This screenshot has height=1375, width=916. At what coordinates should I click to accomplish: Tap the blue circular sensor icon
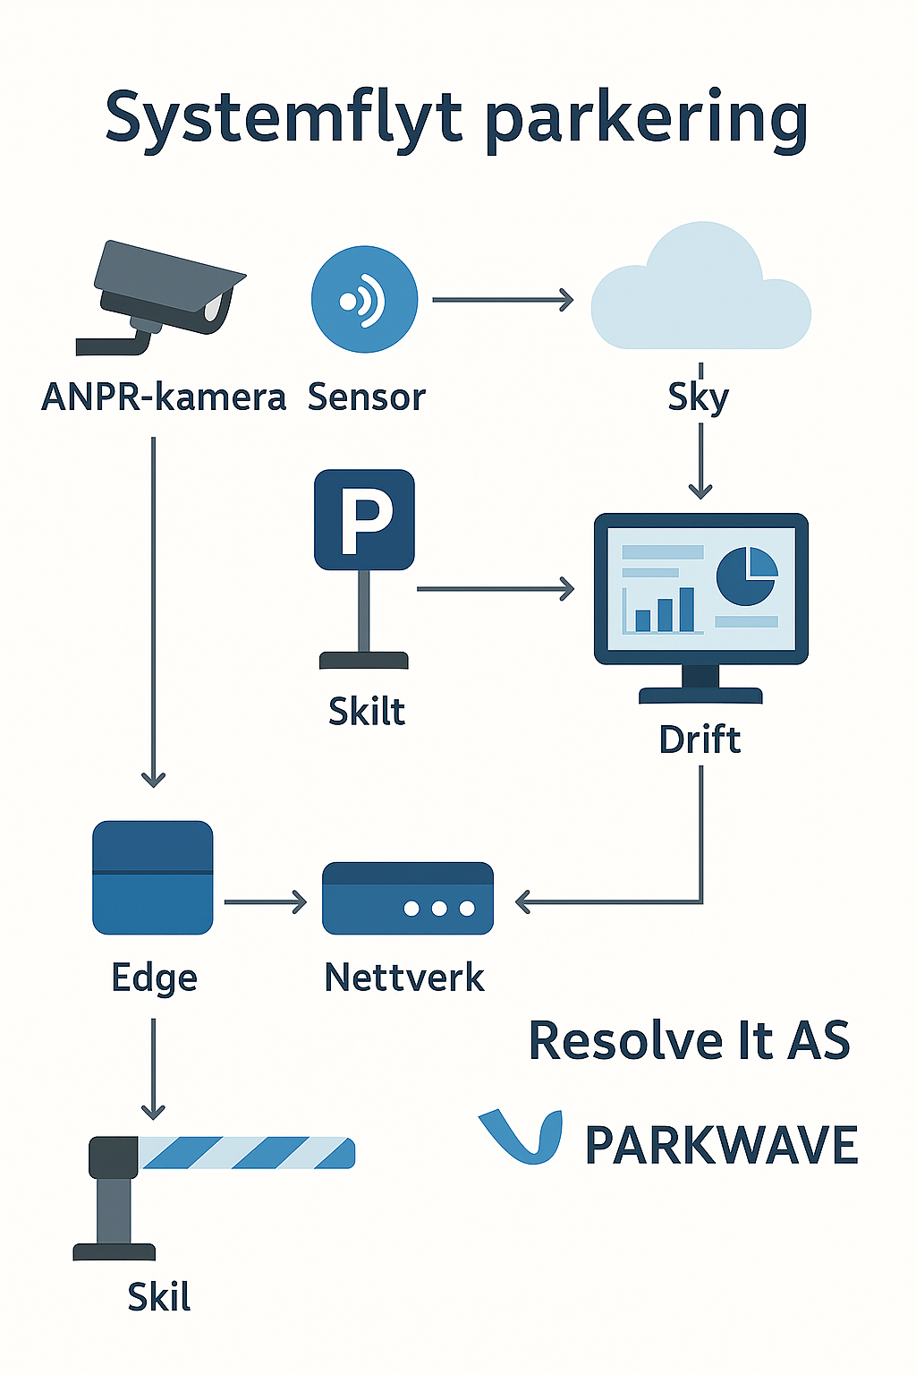[x=364, y=300]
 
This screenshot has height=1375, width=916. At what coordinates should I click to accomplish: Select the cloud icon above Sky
[x=700, y=291]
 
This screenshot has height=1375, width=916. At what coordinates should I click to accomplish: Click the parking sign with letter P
[x=364, y=519]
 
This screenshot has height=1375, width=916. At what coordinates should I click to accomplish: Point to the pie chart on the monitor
[x=747, y=576]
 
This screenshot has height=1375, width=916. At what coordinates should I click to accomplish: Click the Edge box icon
[x=153, y=877]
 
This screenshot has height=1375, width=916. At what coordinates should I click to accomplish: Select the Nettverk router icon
[x=407, y=898]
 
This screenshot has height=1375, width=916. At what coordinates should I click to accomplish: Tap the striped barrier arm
[x=246, y=1153]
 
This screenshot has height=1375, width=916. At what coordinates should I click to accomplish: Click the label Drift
[x=700, y=739]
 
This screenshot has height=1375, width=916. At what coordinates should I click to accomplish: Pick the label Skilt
[x=367, y=711]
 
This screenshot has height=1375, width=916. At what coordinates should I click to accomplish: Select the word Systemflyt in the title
[x=284, y=119]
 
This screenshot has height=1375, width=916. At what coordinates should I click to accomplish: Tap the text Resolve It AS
[x=689, y=1040]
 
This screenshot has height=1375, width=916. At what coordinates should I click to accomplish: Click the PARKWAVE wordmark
[x=721, y=1146]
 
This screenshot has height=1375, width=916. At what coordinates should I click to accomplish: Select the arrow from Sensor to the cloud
[x=502, y=300]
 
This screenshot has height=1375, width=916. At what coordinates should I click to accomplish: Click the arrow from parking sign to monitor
[x=495, y=589]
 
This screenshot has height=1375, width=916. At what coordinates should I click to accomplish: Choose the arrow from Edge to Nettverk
[x=265, y=902]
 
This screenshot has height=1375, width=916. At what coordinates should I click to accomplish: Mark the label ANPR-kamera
[x=164, y=397]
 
